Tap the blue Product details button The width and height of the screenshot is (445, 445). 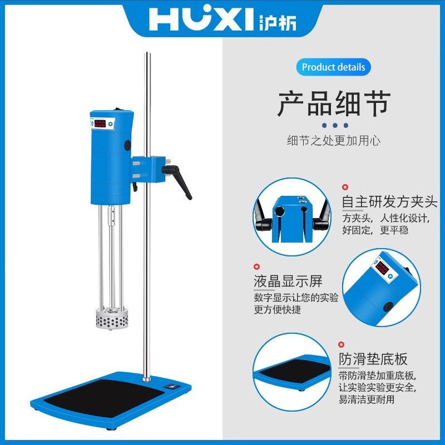pos(334,67)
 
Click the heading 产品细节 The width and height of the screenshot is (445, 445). pos(334,104)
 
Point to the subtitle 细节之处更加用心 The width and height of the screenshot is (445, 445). pos(334,141)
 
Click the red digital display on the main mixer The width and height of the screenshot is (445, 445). pos(100,123)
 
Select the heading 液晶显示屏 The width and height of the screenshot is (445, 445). pos(288,281)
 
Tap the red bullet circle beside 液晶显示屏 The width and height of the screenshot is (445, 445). pos(257,268)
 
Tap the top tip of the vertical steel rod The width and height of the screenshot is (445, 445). pos(147,54)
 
